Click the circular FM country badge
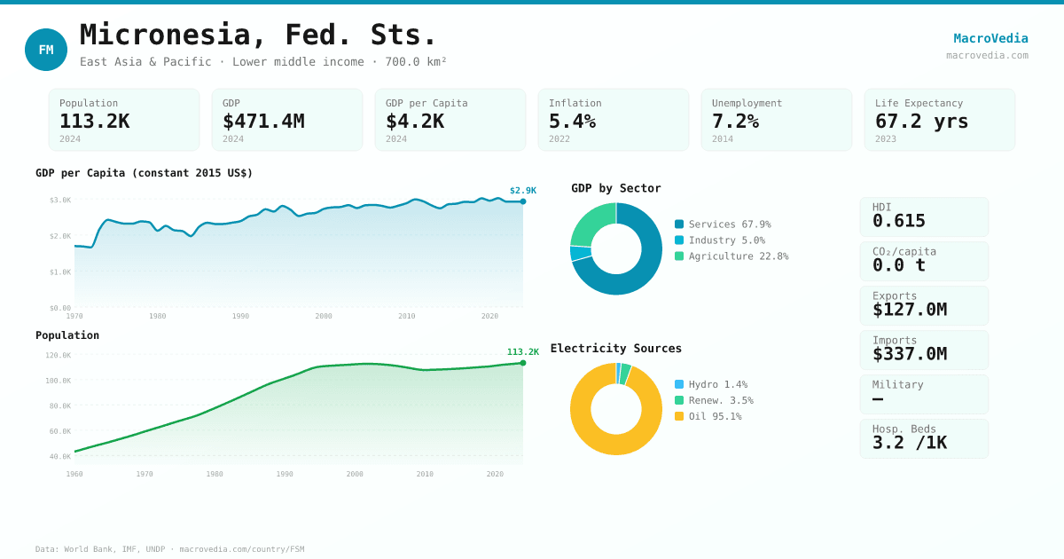[x=46, y=50]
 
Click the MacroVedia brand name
[x=990, y=38]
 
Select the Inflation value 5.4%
[x=572, y=121]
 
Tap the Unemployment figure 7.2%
[x=735, y=121]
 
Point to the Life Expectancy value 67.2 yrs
[x=921, y=121]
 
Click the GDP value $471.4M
[x=263, y=121]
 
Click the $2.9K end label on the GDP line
[x=523, y=191]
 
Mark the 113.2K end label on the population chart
[x=523, y=352]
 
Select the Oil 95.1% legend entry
[x=715, y=416]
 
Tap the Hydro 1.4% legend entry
[x=717, y=384]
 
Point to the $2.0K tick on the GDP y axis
[x=60, y=236]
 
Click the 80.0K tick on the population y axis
[x=59, y=406]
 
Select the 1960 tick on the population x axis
[x=74, y=474]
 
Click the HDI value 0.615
[x=898, y=221]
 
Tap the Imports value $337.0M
[x=909, y=354]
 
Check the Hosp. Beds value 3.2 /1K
[x=909, y=443]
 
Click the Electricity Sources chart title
[x=616, y=349]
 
